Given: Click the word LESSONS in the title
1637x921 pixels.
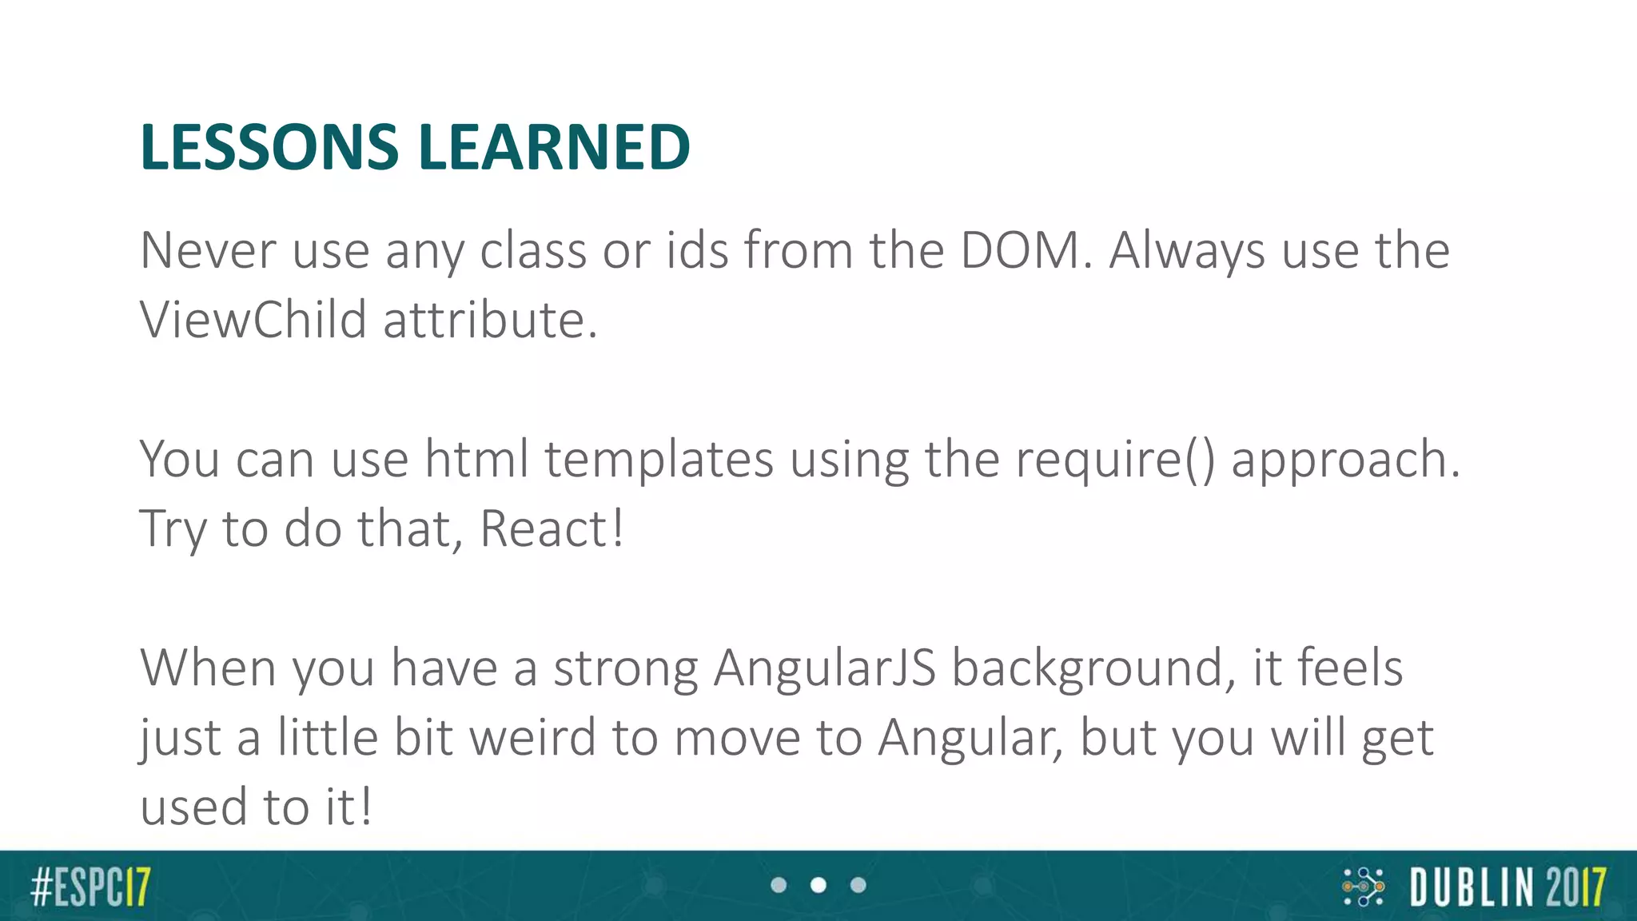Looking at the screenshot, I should click(x=269, y=147).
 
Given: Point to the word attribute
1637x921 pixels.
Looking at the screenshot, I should click(x=489, y=320).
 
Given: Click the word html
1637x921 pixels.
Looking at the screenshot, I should click(x=476, y=460).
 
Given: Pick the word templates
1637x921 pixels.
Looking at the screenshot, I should click(x=659, y=460).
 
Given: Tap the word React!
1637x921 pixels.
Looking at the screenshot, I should click(x=552, y=529).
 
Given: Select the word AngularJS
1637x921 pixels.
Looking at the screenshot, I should click(x=824, y=668).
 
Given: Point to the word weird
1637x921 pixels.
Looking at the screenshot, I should click(x=532, y=737).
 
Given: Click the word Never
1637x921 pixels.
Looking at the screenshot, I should click(x=208, y=250).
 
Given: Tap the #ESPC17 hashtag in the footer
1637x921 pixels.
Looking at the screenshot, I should click(x=90, y=886).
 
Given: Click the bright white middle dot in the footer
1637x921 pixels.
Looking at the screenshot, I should click(x=818, y=885).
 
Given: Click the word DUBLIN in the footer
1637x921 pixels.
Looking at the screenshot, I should click(x=1472, y=887).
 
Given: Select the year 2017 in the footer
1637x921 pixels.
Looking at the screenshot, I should click(x=1575, y=887).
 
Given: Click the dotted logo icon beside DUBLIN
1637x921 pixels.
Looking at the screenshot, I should click(x=1363, y=887).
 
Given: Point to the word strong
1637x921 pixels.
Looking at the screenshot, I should click(x=625, y=668).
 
